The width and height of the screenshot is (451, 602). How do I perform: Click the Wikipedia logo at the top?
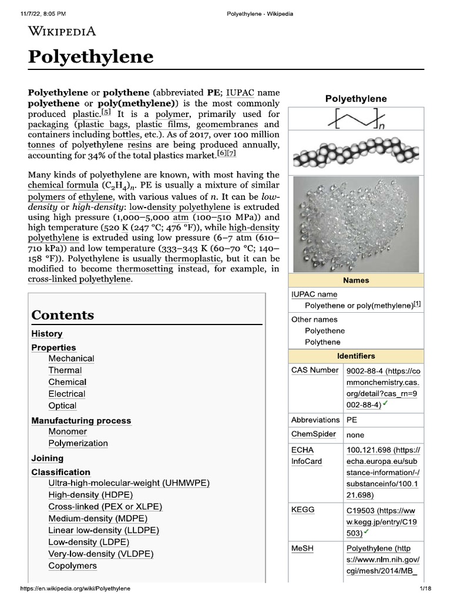(x=62, y=32)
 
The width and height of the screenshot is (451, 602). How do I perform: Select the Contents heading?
(x=63, y=315)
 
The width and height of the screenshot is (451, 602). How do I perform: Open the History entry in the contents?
(x=47, y=333)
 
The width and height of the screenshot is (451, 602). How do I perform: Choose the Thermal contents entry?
(x=65, y=370)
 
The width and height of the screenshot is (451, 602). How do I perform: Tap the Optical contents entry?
(x=62, y=406)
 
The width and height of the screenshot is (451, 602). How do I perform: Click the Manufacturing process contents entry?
(x=81, y=420)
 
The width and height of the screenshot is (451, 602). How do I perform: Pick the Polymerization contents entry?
(x=78, y=443)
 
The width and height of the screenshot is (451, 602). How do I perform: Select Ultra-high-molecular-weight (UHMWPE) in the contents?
(x=129, y=483)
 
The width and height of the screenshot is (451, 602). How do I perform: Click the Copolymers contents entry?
(x=73, y=566)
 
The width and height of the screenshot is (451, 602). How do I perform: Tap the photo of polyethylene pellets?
(x=356, y=223)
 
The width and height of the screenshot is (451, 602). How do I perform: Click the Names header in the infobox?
(x=356, y=280)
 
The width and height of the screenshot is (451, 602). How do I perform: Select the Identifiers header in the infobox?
(x=356, y=356)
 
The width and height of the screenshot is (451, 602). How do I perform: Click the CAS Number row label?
(x=315, y=370)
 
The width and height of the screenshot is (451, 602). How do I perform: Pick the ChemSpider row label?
(x=314, y=434)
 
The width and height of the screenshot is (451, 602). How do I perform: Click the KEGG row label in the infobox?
(x=303, y=509)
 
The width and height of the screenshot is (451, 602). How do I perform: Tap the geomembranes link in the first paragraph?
(x=227, y=125)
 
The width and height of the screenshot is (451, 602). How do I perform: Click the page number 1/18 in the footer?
(x=425, y=588)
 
